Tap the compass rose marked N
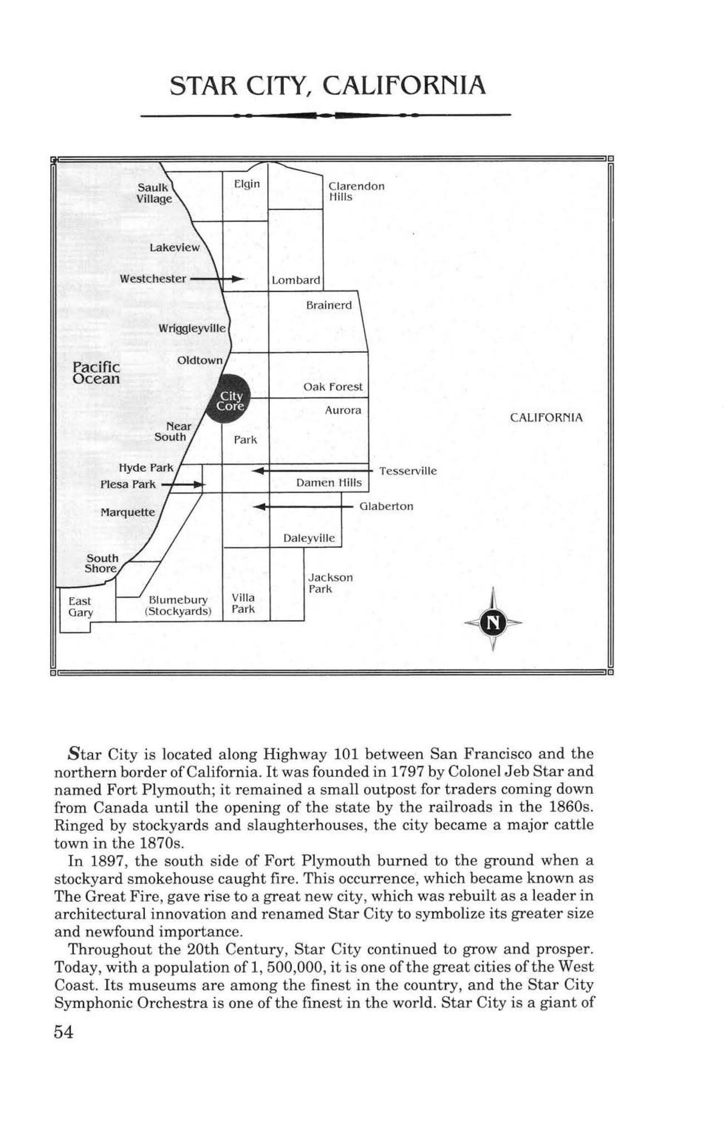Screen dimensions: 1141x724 pos(492,622)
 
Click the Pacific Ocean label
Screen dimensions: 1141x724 pos(96,373)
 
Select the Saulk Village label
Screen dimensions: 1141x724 pos(154,193)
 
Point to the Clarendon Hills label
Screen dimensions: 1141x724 pos(356,191)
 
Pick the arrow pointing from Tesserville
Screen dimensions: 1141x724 pos(312,471)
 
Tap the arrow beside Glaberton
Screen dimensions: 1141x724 pos(304,507)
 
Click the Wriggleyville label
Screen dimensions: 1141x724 pos(192,328)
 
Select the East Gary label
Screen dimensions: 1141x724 pos(80,607)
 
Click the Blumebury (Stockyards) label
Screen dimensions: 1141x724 pos(178,606)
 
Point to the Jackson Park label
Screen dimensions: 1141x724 pos(330,583)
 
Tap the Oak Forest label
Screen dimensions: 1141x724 pos(332,387)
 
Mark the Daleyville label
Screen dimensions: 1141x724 pos(309,538)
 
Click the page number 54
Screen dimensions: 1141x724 pos(63,1032)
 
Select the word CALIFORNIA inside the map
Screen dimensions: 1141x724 pos(546,418)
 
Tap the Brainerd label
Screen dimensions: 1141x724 pos(329,305)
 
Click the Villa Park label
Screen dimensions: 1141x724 pos(243,603)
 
